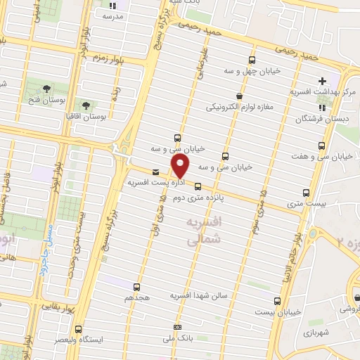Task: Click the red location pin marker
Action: [181, 166]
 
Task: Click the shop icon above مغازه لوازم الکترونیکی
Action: [240, 96]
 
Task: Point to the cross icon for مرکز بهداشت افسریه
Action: [323, 81]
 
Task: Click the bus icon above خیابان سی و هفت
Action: [322, 146]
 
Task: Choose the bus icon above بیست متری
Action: [305, 192]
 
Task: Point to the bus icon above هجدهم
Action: [136, 286]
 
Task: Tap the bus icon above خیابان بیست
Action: [277, 301]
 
